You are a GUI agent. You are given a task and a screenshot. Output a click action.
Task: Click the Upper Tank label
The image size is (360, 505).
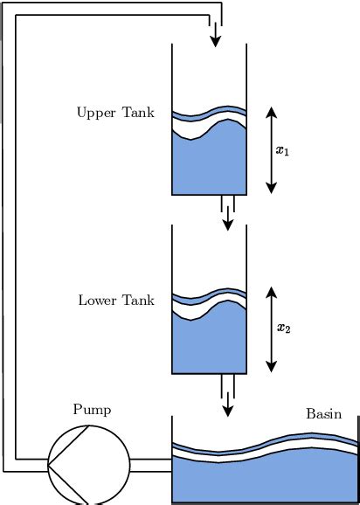[115, 113]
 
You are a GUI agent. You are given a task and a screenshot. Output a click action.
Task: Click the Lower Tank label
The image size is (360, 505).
[116, 301]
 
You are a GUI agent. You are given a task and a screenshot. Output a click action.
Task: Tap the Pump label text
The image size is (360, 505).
[92, 409]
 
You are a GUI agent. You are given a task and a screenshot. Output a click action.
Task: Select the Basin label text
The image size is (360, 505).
[323, 413]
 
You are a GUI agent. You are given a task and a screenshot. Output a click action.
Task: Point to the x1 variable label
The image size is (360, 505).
[282, 150]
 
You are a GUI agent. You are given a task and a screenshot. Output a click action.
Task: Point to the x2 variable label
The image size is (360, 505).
[282, 329]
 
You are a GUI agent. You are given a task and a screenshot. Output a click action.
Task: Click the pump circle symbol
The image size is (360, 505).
[87, 467]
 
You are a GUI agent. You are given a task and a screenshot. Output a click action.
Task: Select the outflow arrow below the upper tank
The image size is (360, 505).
[228, 219]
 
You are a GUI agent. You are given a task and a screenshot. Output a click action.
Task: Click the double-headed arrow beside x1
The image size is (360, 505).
[271, 149]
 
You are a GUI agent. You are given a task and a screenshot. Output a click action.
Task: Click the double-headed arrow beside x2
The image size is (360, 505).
[271, 328]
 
